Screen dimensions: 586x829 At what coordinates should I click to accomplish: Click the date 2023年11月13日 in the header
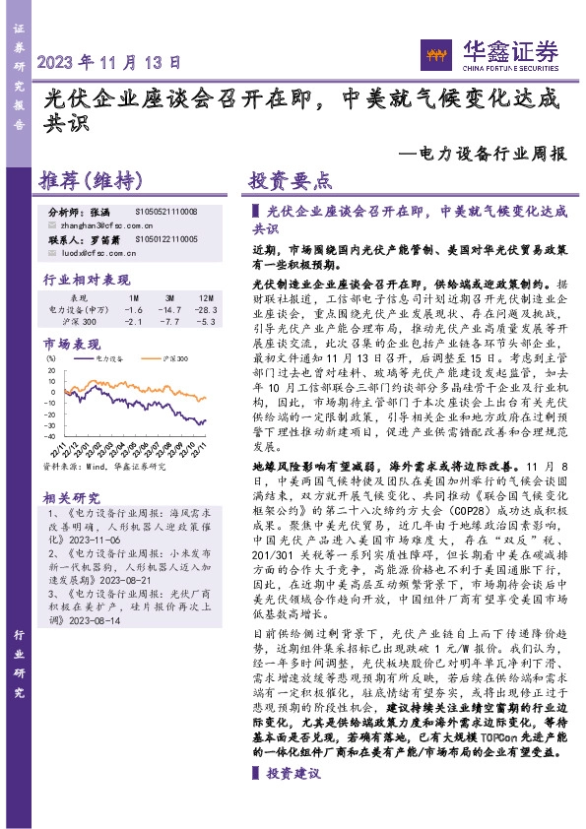click(x=109, y=61)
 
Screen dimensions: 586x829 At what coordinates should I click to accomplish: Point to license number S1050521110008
click(x=165, y=212)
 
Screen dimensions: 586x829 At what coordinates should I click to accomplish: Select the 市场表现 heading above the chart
click(x=71, y=345)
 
